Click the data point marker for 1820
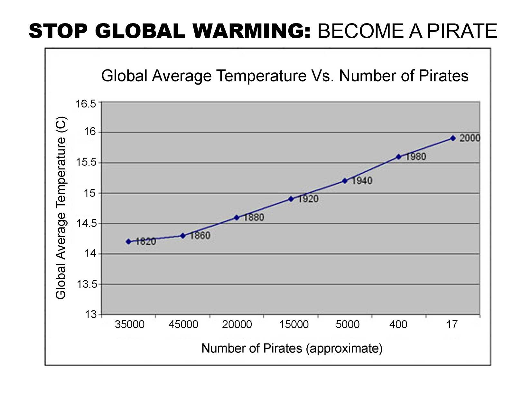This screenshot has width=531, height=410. point(129,241)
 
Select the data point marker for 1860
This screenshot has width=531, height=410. point(183,236)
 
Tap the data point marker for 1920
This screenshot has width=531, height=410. point(291,199)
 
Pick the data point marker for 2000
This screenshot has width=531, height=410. point(453,138)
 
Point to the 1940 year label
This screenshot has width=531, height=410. point(362,181)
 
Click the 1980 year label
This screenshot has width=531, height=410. point(415,157)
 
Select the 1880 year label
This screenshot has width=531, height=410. point(254,217)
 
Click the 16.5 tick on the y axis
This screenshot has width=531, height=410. point(86,104)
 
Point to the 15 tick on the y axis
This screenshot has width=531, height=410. point(90,193)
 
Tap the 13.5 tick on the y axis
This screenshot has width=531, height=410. point(86,284)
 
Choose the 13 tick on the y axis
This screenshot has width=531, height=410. point(91,314)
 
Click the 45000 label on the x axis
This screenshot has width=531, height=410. point(183,324)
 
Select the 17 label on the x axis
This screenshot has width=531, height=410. point(452,324)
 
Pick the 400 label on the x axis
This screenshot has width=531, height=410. point(398,324)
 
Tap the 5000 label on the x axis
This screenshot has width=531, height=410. point(348,324)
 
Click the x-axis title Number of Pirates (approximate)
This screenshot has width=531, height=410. point(292,348)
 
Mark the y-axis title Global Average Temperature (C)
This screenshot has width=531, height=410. point(61,208)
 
